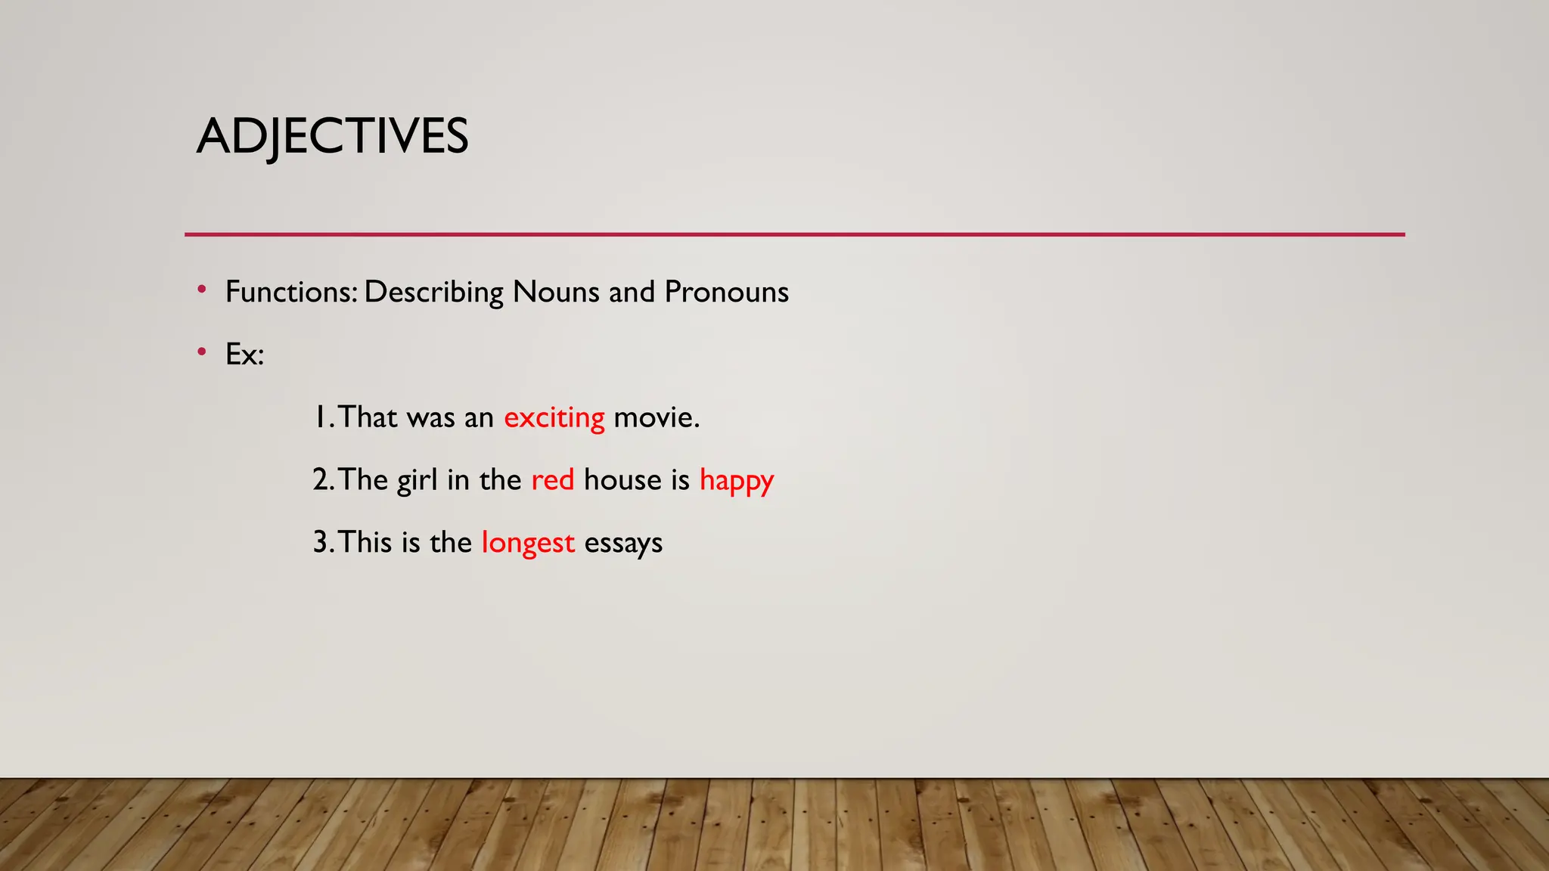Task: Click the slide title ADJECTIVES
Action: coord(332,137)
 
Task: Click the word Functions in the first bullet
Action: coord(290,292)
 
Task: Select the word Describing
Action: coord(433,292)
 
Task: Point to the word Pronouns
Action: coord(726,292)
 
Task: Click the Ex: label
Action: coord(244,355)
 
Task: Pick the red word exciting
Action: coord(554,417)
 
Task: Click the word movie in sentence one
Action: coord(655,417)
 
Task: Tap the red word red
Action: coord(552,480)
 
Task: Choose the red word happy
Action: coord(736,481)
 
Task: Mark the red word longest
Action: coord(527,543)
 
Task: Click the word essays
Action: coord(622,543)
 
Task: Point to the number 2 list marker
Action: coord(321,480)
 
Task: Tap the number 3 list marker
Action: coord(321,543)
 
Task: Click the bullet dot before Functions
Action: coord(201,290)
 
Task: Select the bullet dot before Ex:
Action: coord(201,352)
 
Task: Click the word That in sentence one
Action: coord(368,417)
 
